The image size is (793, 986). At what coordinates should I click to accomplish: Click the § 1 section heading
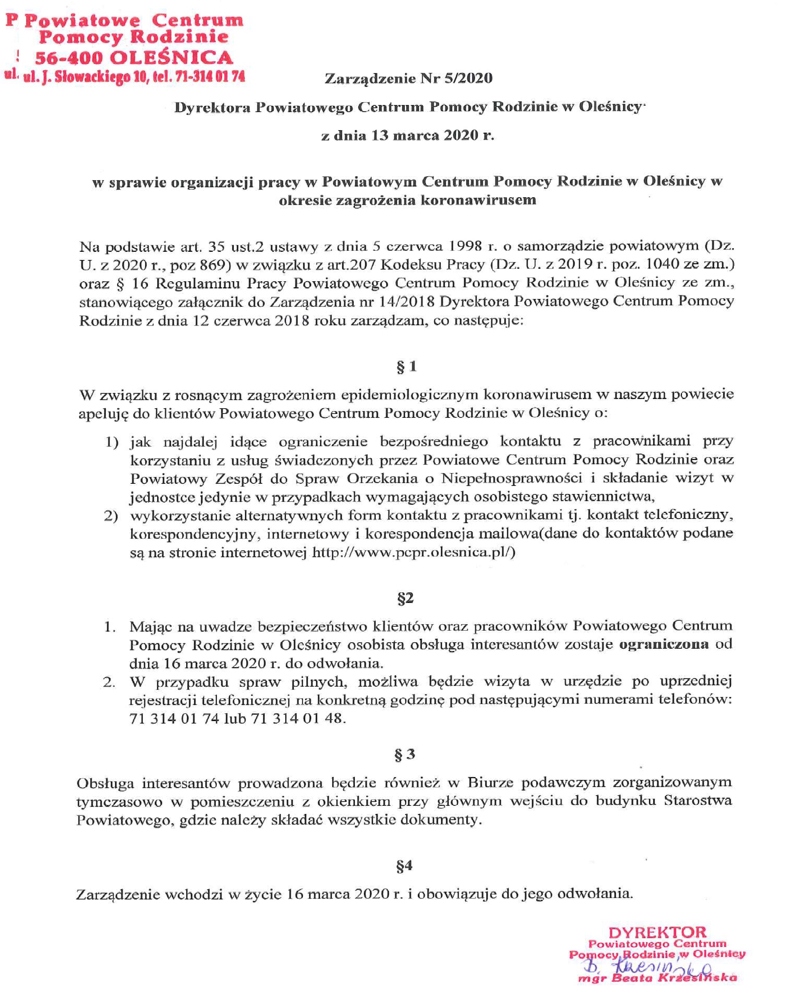coord(406,366)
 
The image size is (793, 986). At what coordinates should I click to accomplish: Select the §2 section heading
coord(406,598)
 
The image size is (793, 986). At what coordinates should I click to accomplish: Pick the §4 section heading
coord(404,865)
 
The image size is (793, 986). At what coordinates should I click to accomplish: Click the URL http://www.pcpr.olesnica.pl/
coord(413,553)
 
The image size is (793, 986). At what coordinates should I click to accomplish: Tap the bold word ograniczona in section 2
coord(663,644)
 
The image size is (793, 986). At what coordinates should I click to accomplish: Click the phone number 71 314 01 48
coord(297,719)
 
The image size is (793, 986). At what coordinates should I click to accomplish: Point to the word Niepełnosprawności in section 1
coord(512,478)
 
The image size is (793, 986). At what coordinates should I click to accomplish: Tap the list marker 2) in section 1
coord(111,516)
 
